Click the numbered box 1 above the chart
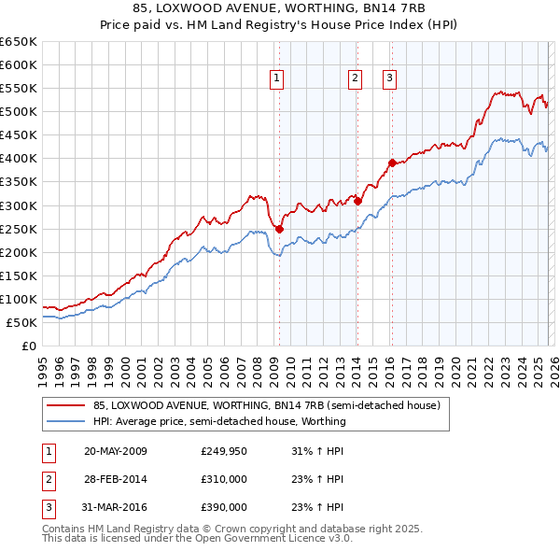tap(278, 79)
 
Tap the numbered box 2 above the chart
tap(356, 79)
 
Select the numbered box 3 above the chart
tap(388, 79)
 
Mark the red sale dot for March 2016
tap(392, 162)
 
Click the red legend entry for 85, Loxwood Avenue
tap(266, 406)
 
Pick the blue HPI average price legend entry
tap(218, 421)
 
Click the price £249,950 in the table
tap(224, 452)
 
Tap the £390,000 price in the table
tap(224, 507)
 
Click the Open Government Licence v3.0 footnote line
tap(197, 540)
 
